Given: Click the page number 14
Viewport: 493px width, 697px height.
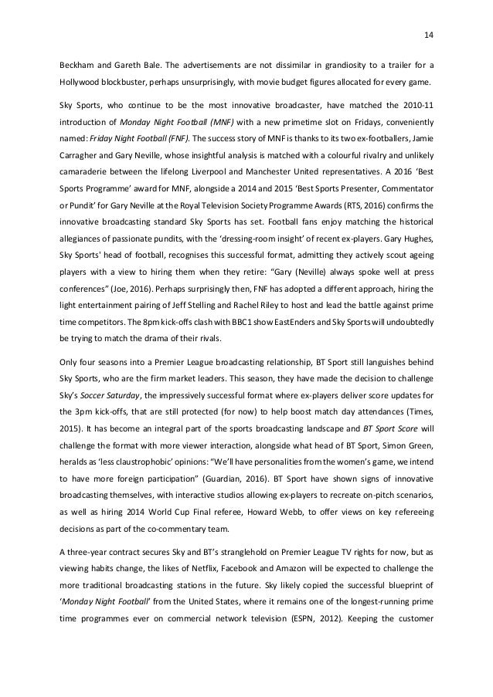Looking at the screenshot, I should (x=429, y=34).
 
